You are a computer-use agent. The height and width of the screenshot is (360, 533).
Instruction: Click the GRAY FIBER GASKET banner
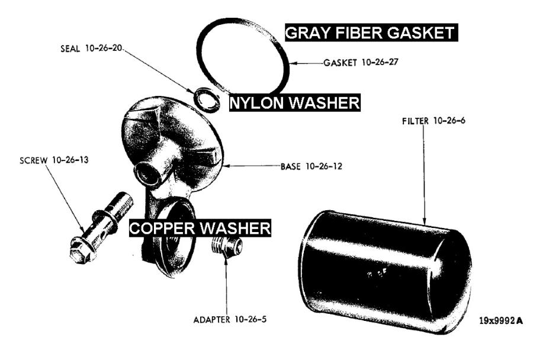coord(371,33)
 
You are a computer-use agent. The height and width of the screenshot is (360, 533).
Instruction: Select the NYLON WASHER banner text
coord(295,104)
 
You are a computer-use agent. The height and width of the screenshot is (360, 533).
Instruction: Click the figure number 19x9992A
coord(501,321)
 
